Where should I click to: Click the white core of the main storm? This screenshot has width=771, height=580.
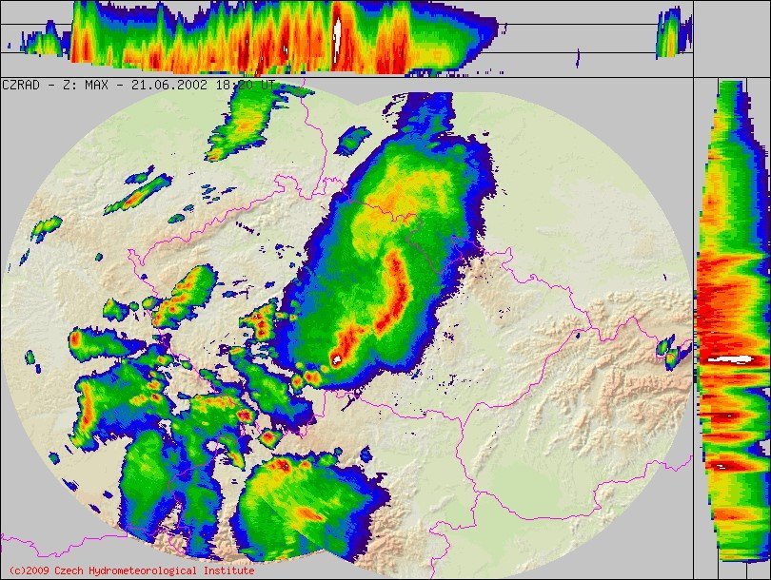(336, 359)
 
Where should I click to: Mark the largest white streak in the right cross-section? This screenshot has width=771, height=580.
(733, 358)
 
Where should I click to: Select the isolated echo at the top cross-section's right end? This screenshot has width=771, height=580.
(671, 33)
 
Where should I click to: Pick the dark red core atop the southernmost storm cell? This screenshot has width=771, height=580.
(282, 466)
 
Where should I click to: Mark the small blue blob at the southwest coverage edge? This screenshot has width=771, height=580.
(55, 457)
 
